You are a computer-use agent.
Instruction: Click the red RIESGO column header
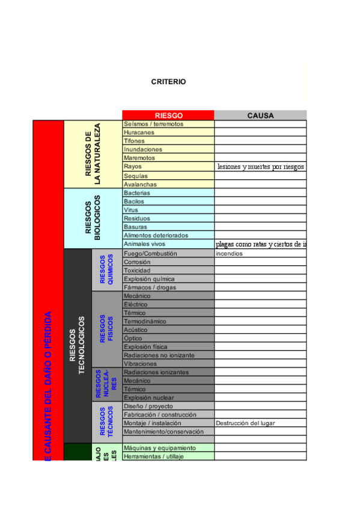click(x=168, y=115)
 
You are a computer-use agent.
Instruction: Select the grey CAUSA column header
click(x=260, y=115)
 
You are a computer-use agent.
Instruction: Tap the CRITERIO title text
click(x=168, y=82)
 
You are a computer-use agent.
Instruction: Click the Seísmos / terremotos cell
click(x=153, y=124)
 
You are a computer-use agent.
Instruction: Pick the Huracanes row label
click(x=139, y=132)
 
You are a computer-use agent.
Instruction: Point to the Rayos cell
click(x=133, y=166)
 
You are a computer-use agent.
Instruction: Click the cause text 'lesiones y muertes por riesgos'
click(x=260, y=167)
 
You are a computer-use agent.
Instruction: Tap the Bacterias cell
click(x=137, y=193)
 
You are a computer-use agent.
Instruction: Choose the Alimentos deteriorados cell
click(x=156, y=236)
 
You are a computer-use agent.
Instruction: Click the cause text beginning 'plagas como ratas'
click(x=261, y=245)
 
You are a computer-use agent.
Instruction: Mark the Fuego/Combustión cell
click(x=150, y=254)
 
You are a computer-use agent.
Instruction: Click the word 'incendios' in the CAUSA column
click(x=229, y=254)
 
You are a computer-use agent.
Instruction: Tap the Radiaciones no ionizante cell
click(x=159, y=355)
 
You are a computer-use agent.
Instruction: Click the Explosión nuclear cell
click(x=148, y=398)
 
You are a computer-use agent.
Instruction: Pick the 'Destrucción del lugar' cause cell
click(x=245, y=423)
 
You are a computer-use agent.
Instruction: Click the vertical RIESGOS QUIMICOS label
click(x=106, y=270)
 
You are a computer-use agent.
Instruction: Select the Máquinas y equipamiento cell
click(x=159, y=448)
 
